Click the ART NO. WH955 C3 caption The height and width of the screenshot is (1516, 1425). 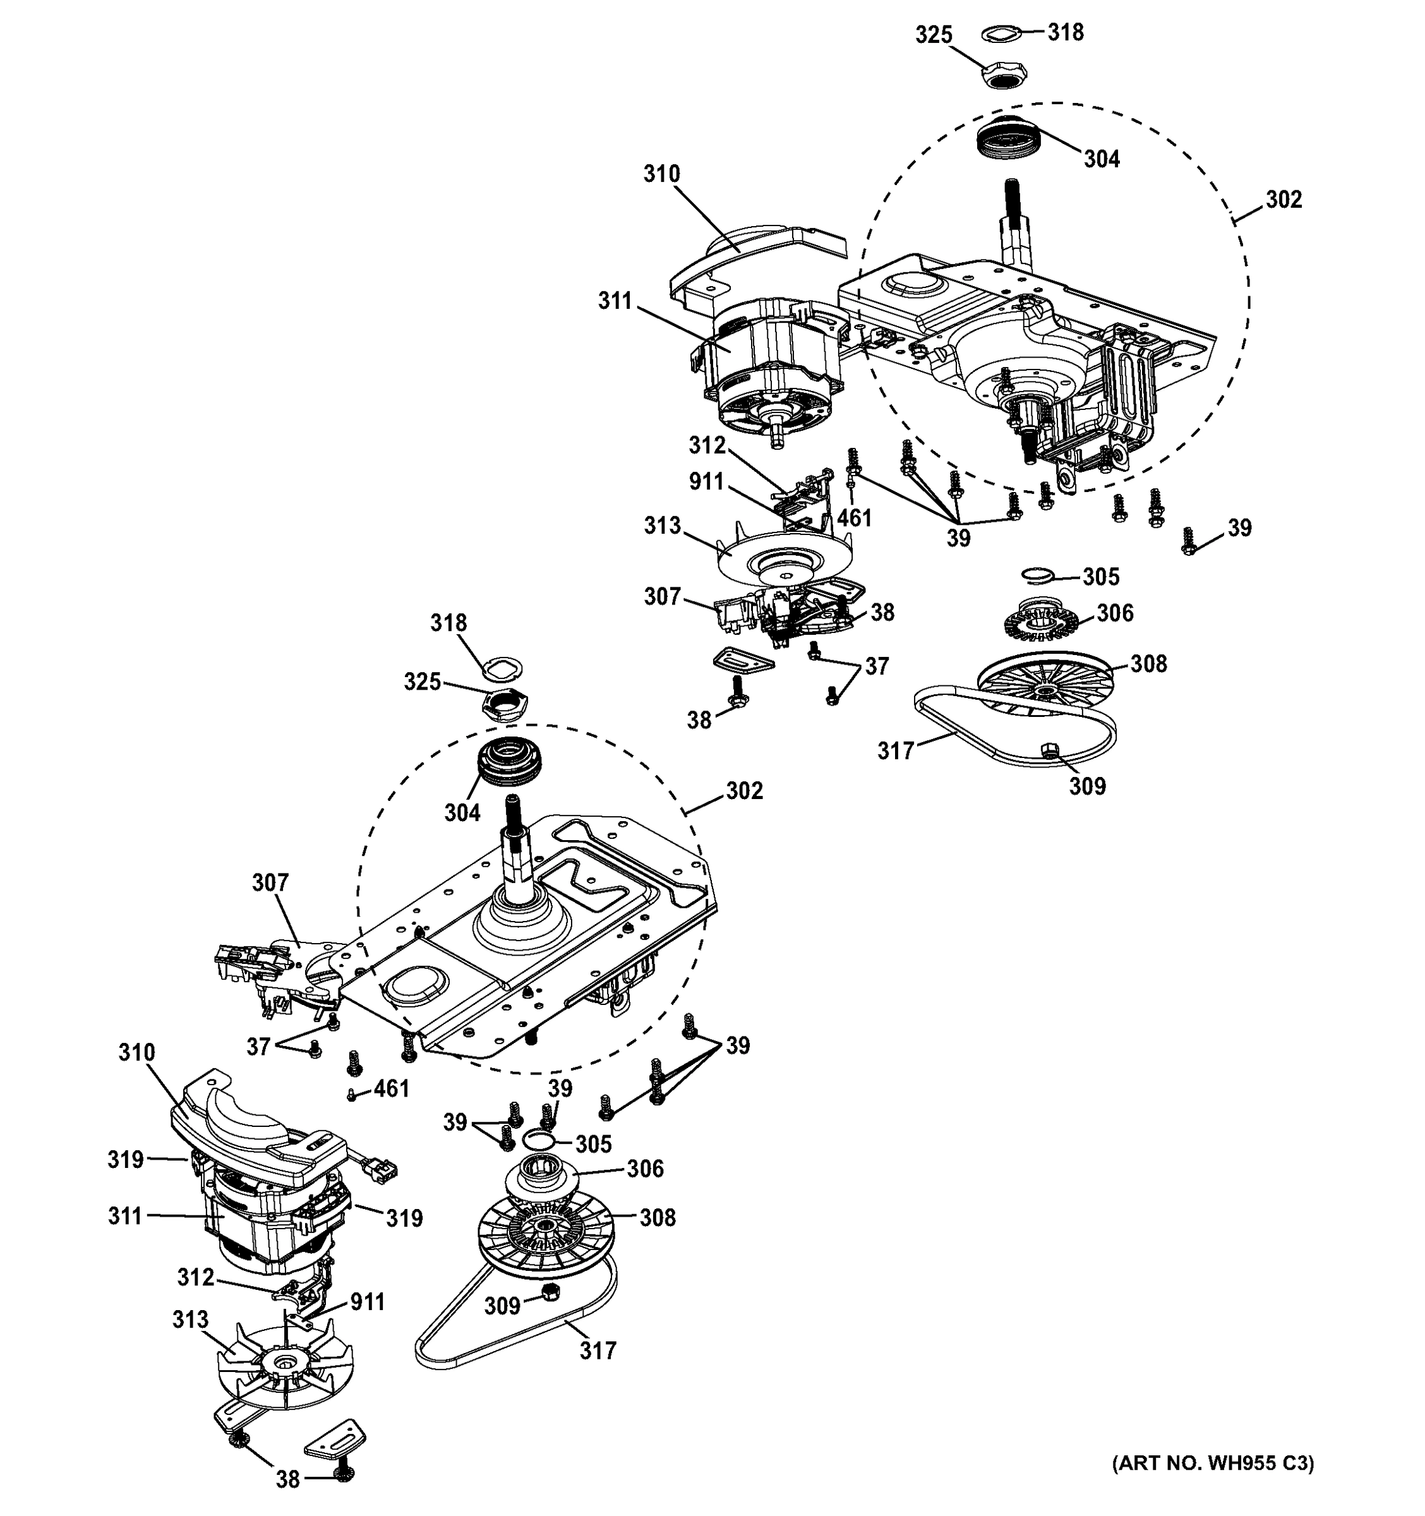1213,1462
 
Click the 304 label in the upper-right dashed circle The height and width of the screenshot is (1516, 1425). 1102,159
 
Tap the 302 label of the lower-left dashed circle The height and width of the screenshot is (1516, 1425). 744,791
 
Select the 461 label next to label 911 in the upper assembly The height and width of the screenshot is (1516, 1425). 854,518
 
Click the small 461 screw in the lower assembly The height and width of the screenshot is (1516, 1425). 351,1095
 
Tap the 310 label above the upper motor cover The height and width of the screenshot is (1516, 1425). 661,174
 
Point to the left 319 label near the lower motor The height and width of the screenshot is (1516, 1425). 125,1160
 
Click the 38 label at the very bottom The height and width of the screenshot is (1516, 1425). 287,1479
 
